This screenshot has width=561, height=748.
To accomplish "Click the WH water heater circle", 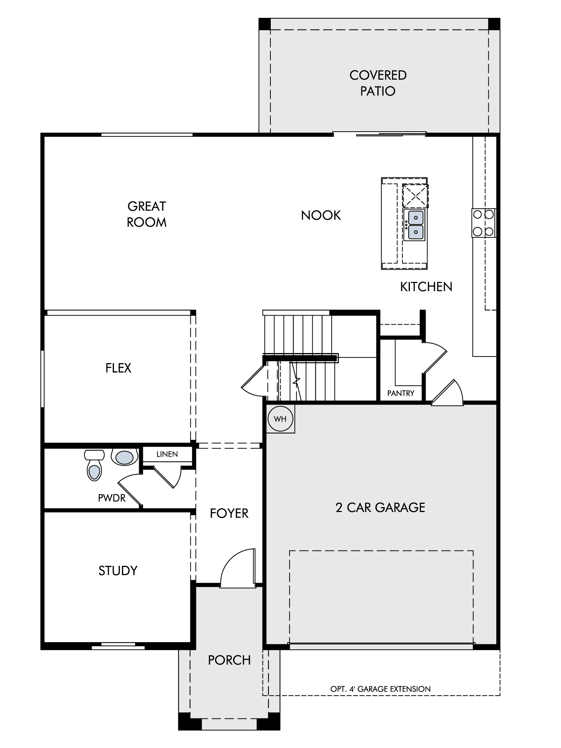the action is coord(280,419).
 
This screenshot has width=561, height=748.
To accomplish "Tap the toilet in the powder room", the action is coord(94,465).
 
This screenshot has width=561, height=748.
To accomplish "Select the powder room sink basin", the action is coord(125,457).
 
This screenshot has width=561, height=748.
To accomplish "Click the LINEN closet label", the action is coord(167,454).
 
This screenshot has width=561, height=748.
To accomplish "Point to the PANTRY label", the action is coord(401,393).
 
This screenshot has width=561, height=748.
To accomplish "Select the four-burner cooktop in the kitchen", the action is coord(484,223).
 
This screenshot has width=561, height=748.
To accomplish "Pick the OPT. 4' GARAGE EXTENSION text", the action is coord(380,689).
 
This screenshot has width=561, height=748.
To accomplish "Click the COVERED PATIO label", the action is coord(378,83).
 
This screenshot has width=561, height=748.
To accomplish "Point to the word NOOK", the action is coord(321,215).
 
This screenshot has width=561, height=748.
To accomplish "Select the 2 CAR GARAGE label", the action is coord(380,508).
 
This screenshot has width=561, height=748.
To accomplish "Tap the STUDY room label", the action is coord(118,571).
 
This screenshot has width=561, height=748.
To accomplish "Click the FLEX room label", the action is coord(118,368).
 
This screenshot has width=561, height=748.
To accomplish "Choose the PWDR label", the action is coord(111,498).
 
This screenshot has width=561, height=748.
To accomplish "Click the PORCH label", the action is coord(229,660).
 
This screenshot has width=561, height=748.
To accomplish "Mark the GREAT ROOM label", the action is coord(147,214).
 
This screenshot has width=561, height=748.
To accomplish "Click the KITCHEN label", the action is coord(426,287).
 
